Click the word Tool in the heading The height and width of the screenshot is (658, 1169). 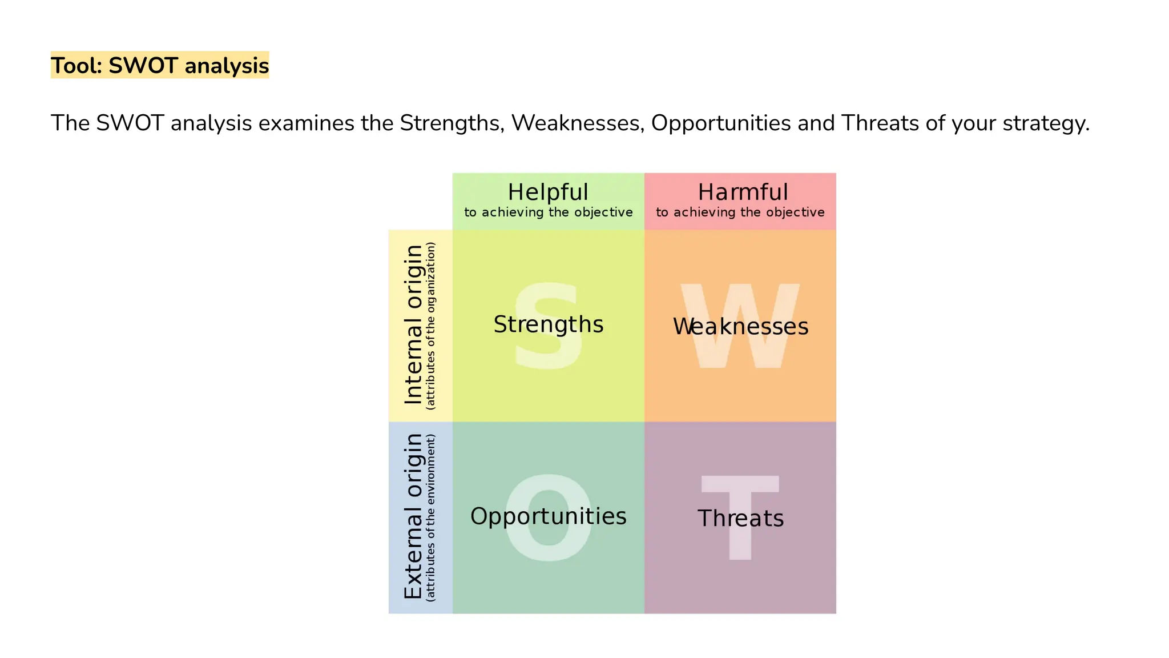(x=74, y=66)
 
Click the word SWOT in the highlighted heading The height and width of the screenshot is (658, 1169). (x=143, y=66)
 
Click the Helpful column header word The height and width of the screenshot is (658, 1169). (x=548, y=192)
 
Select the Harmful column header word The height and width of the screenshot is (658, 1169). (x=743, y=192)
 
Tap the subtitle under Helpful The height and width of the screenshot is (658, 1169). (x=548, y=212)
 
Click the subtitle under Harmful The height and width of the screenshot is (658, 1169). (x=740, y=212)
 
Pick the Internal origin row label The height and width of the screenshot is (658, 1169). (x=413, y=325)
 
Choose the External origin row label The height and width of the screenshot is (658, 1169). (x=413, y=516)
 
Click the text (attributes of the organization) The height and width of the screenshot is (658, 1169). (x=431, y=326)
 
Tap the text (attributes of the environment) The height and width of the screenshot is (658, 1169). (x=431, y=517)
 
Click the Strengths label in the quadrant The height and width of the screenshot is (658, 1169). (x=548, y=324)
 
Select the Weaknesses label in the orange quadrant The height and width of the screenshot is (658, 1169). (x=740, y=327)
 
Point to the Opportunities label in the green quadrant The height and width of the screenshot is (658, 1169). (x=548, y=516)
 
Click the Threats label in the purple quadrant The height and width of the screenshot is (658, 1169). (x=740, y=519)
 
